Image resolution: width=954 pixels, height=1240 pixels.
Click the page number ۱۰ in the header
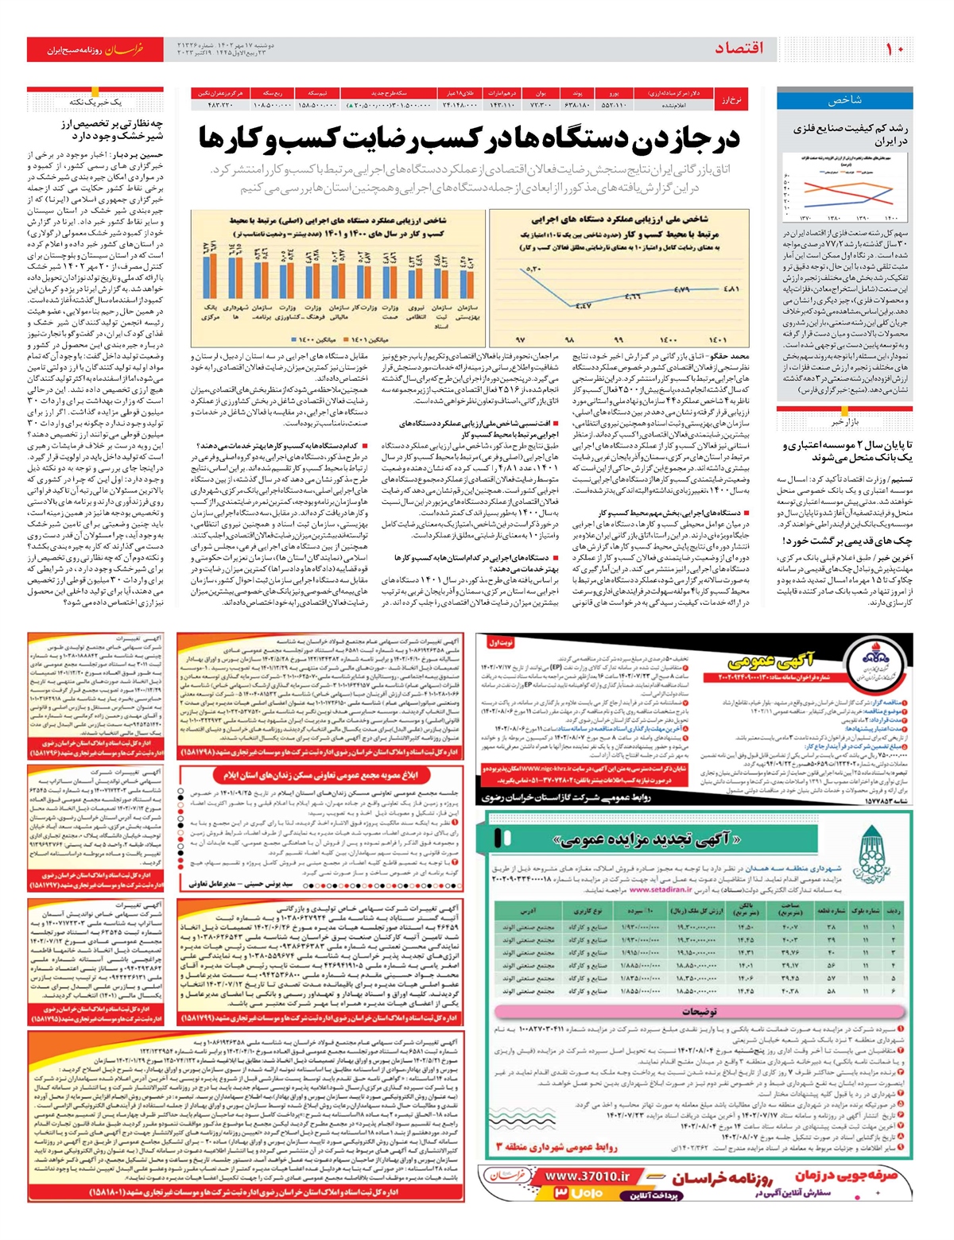[894, 49]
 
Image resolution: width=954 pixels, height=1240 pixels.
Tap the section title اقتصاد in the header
[739, 48]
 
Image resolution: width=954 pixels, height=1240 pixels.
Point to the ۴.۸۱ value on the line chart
[731, 289]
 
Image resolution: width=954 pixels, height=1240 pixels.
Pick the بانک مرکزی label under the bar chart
[211, 312]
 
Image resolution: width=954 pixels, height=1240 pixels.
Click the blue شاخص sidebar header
[844, 100]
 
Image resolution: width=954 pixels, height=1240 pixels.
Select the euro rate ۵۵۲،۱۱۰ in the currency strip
[613, 104]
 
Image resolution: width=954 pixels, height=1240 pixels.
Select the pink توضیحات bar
[700, 1012]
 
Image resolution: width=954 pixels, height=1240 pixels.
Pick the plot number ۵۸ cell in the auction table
[831, 992]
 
